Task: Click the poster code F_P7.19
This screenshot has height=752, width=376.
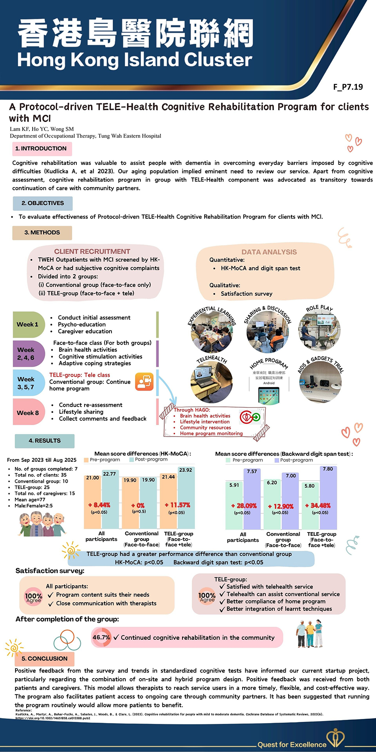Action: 348,87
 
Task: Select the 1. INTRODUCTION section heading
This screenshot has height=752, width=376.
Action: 42,149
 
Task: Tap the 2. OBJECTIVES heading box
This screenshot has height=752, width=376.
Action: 42,203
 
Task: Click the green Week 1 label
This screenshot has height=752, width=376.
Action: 28,324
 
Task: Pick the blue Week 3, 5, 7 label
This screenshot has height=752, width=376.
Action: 27,383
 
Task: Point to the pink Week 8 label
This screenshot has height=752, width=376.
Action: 28,413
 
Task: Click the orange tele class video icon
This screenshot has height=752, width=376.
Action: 144,382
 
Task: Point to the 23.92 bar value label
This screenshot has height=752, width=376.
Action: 185,470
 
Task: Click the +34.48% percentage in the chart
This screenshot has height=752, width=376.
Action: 318,505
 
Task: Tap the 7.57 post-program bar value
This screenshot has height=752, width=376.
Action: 252,471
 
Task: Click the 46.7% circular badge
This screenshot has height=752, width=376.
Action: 101,637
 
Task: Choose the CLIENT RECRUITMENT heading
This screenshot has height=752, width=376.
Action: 92,251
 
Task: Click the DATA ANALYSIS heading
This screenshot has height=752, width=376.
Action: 269,252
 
